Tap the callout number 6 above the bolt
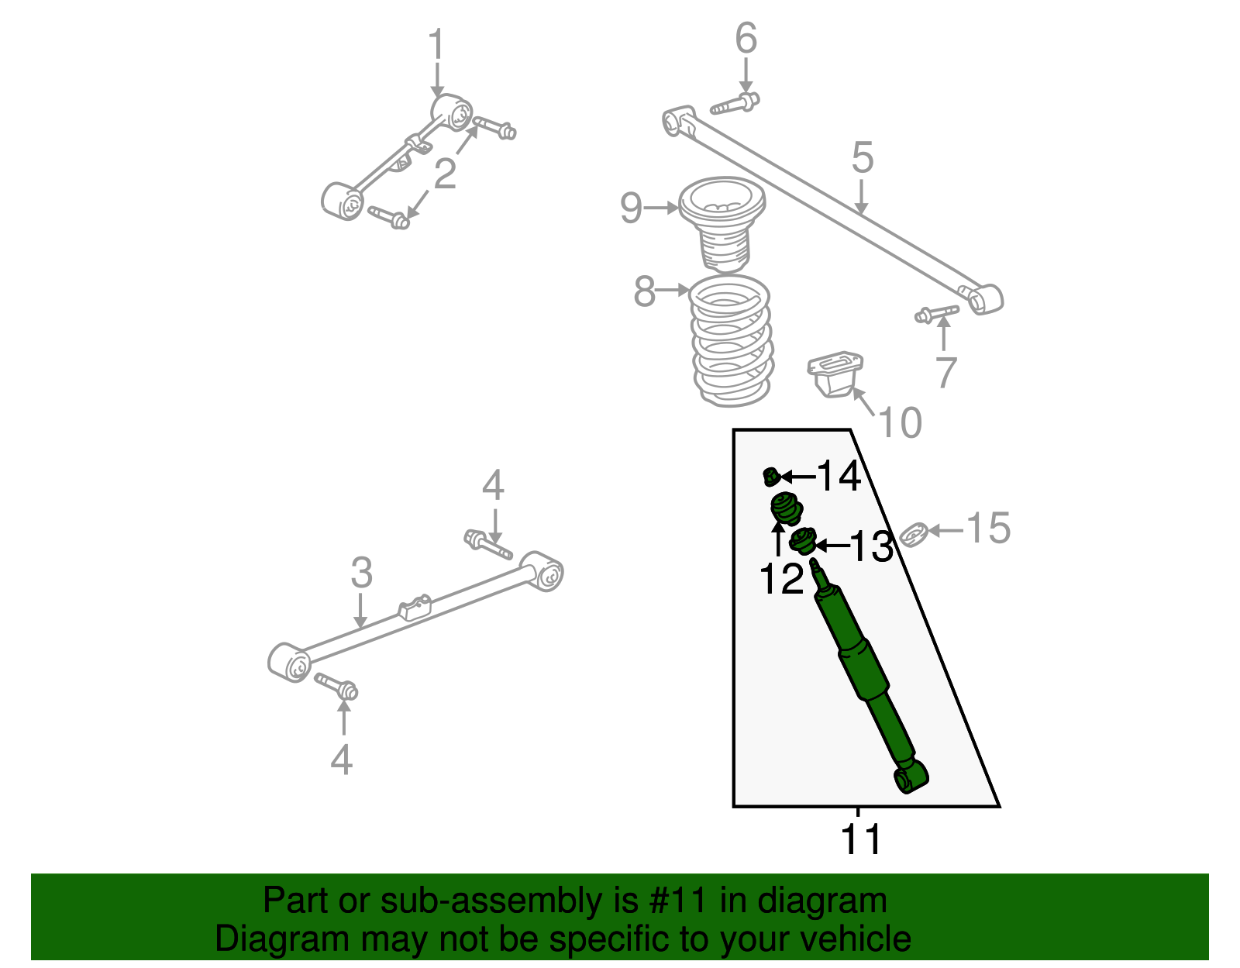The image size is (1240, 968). tap(746, 39)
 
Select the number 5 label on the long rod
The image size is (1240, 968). tap(862, 159)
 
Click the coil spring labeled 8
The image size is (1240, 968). tap(732, 341)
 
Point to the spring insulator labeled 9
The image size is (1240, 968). tap(722, 225)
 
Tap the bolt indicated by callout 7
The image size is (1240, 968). tap(936, 313)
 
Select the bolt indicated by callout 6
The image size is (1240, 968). tap(735, 104)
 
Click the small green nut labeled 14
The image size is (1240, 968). tap(771, 476)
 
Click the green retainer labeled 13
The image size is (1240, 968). tap(804, 542)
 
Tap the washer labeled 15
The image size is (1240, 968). tap(914, 534)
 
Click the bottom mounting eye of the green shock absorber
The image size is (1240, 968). tap(911, 777)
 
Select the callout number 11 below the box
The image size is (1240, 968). tap(861, 839)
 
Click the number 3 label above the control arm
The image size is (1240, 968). tap(361, 574)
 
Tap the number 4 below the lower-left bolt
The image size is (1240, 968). tap(341, 760)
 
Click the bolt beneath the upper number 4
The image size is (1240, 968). tap(487, 543)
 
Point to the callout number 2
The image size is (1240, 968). tap(445, 174)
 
